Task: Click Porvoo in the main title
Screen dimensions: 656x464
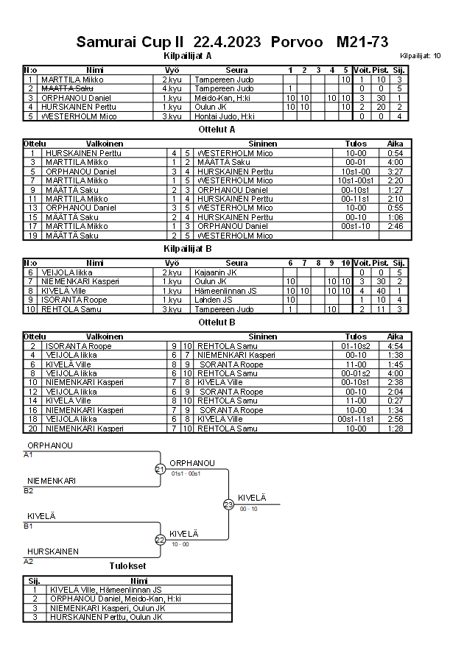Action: tap(297, 42)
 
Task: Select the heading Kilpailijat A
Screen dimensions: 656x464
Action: tap(187, 55)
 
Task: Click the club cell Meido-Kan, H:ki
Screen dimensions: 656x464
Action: tap(222, 98)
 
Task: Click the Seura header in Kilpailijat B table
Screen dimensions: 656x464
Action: tap(236, 263)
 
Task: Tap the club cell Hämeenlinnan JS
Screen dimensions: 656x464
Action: tap(231, 291)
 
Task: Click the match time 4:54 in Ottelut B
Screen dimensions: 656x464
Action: tap(395, 346)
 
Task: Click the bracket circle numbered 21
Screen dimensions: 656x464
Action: tap(160, 469)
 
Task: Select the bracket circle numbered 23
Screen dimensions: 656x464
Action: tap(228, 504)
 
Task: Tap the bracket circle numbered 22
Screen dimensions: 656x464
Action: tap(160, 540)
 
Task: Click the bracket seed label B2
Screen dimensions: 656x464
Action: tap(29, 490)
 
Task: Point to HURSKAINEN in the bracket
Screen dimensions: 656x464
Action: tap(53, 551)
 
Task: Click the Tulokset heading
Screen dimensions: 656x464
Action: tap(127, 566)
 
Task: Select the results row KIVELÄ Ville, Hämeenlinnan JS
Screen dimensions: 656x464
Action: tap(105, 590)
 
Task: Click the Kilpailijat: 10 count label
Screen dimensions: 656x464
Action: tap(421, 56)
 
